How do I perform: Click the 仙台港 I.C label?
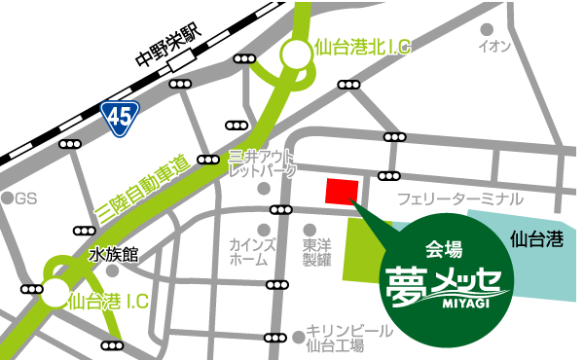click(x=108, y=302)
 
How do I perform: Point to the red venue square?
click(x=342, y=192)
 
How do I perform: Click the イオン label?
click(x=494, y=46)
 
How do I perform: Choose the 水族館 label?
click(x=114, y=255)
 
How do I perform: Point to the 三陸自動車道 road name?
click(x=155, y=186)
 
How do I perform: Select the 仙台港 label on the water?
click(x=536, y=236)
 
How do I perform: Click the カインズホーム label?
click(x=248, y=253)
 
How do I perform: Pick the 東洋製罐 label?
click(x=317, y=253)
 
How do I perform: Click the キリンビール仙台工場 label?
click(x=348, y=338)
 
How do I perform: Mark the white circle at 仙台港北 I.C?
click(x=295, y=57)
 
